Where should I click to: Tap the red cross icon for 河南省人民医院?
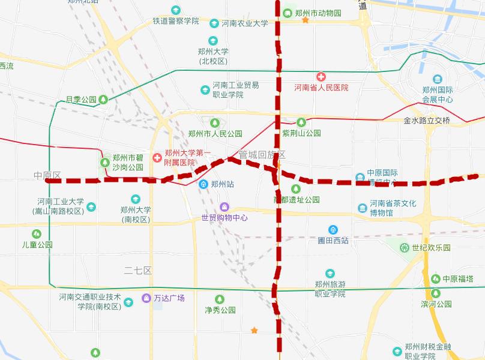coord(321,77)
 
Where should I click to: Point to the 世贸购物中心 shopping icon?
coord(224,207)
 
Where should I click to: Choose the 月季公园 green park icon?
coord(103,100)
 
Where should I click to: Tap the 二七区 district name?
coord(138,271)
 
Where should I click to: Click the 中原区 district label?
coord(47,176)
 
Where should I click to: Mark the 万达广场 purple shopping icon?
coord(146,298)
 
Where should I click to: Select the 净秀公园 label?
coord(220,310)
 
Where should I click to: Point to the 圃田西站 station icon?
coord(333,229)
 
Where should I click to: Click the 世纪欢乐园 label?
coord(431,247)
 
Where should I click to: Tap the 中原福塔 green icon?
coord(435,278)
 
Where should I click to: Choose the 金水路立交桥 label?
coord(427,120)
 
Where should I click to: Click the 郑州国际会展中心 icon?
coord(437,79)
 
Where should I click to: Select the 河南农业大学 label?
coord(245,23)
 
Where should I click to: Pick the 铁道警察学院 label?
coord(175,21)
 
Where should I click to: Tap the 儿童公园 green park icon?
coord(37,233)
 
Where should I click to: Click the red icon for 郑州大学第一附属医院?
coord(157,157)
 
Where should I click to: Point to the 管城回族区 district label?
coord(262,154)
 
